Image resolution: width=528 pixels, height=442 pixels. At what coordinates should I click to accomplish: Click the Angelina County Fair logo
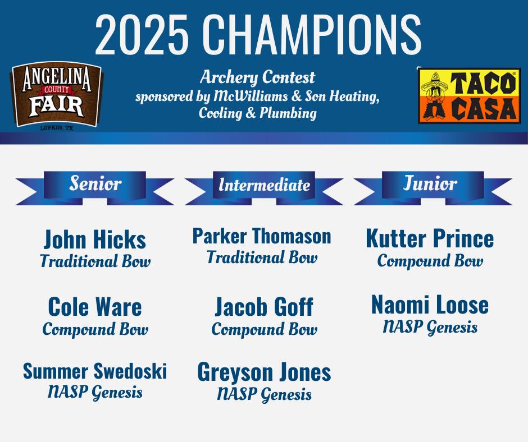pos(57,95)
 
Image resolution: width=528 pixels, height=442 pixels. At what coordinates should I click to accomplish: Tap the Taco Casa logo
pos(469,96)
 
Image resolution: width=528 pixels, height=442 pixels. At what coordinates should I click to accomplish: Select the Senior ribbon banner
pos(94,188)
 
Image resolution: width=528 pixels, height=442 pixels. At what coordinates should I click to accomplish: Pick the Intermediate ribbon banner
pos(264,188)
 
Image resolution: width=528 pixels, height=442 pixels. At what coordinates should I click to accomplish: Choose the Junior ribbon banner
pos(433,188)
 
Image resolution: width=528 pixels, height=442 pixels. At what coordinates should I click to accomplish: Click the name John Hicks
pos(95,240)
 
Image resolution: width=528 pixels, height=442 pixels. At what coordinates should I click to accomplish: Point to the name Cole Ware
pos(95,307)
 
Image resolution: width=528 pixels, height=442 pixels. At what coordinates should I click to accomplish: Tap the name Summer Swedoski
pos(95,371)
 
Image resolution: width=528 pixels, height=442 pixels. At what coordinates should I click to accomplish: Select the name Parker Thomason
pos(262,236)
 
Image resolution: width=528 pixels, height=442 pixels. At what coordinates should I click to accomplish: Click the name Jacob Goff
pos(265,307)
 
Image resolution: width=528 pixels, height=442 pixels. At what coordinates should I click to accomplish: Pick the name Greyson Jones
pos(265,372)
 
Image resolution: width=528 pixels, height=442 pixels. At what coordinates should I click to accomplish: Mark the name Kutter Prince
pos(430,238)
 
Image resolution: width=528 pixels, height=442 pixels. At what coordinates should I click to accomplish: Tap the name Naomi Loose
pos(430,305)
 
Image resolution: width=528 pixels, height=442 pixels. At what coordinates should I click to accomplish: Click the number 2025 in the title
pos(142,34)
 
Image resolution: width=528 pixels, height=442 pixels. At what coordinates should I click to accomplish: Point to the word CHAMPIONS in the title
pos(312,34)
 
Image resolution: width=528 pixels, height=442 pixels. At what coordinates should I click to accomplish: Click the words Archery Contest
pos(258,78)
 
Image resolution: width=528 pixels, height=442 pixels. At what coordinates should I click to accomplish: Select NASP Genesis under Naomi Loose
pos(430,327)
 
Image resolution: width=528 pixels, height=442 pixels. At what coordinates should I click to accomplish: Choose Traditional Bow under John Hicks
pos(95,261)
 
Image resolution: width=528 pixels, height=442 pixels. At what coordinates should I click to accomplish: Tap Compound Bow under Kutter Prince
pos(430,261)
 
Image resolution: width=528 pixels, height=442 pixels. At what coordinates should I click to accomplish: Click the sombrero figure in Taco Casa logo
pos(435,96)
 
